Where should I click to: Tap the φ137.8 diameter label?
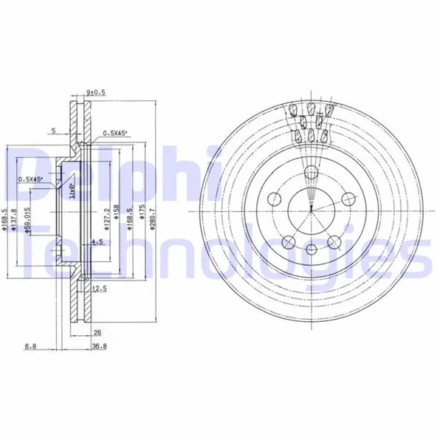click(x=16, y=220)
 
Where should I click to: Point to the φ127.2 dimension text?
click(x=108, y=218)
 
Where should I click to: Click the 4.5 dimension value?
click(x=97, y=241)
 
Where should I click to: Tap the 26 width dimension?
click(x=97, y=332)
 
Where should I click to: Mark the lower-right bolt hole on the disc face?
click(x=333, y=241)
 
